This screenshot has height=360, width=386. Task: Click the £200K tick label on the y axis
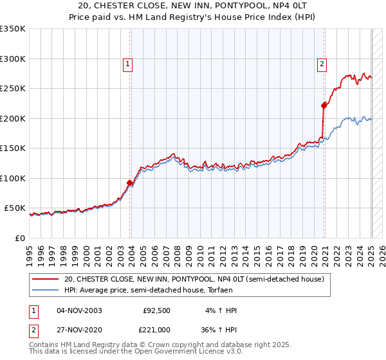(13, 118)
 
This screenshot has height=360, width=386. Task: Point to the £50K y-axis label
(15, 208)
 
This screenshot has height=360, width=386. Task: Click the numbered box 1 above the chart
(128, 64)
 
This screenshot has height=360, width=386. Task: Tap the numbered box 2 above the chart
(321, 64)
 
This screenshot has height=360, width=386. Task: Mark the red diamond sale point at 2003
(130, 183)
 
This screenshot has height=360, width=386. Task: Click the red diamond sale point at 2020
(324, 106)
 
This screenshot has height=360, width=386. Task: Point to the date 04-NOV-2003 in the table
(79, 310)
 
